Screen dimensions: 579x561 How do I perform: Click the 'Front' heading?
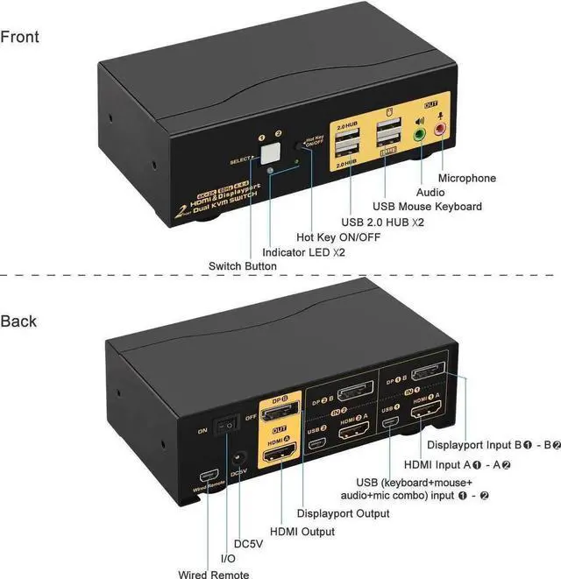[20, 37]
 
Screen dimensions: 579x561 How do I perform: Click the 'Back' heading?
[19, 321]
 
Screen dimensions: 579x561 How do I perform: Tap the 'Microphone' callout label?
[466, 178]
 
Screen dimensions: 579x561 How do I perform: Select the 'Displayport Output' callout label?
[343, 512]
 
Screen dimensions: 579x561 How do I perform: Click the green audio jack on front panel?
[420, 134]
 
